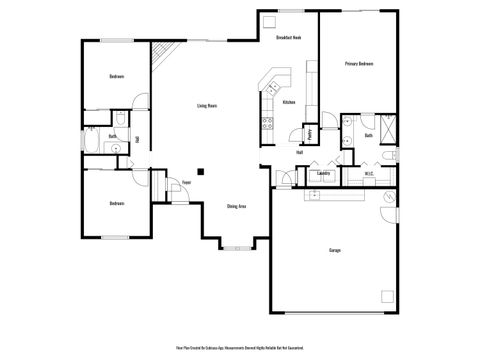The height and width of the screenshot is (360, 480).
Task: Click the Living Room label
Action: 208,105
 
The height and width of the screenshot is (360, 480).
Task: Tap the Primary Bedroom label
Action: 359,64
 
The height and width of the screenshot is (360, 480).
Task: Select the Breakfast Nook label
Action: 288,38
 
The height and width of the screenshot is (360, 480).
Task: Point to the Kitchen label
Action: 289,103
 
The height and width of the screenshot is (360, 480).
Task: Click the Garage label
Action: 334,250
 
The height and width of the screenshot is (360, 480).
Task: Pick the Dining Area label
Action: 237,206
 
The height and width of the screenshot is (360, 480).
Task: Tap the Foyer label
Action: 186,183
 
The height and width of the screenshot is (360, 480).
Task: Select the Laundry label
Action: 323,173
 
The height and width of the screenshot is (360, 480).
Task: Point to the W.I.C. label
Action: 369,174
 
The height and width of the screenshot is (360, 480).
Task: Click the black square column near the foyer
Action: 201,171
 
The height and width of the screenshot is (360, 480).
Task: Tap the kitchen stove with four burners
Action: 268,124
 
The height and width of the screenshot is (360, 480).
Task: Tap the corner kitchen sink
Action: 272,80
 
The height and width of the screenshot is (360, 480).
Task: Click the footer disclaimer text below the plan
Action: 239,348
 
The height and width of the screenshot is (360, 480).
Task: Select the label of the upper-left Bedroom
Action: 116,77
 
